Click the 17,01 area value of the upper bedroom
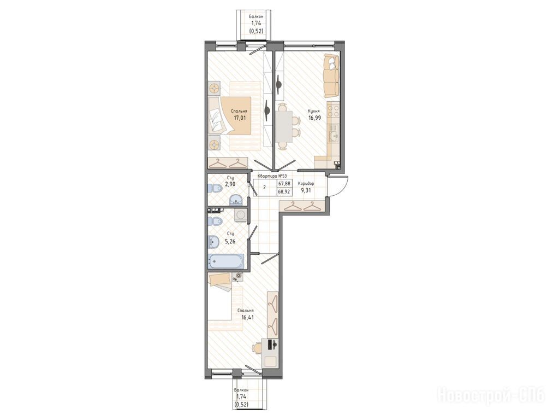[x=240, y=118]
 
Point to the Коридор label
[x=306, y=184]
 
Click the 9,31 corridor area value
[x=305, y=191]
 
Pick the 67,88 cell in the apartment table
[x=284, y=184]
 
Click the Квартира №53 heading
[x=272, y=176]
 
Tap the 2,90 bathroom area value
[x=230, y=184]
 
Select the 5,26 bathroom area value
[x=230, y=242]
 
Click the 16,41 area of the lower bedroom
[x=248, y=317]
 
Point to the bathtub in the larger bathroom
[x=225, y=262]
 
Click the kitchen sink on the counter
[x=333, y=135]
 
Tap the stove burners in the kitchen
[x=334, y=111]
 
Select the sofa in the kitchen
[x=331, y=76]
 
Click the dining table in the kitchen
[x=283, y=126]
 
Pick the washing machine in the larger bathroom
[x=240, y=215]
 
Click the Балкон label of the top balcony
[x=255, y=16]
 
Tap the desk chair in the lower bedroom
[x=257, y=348]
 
